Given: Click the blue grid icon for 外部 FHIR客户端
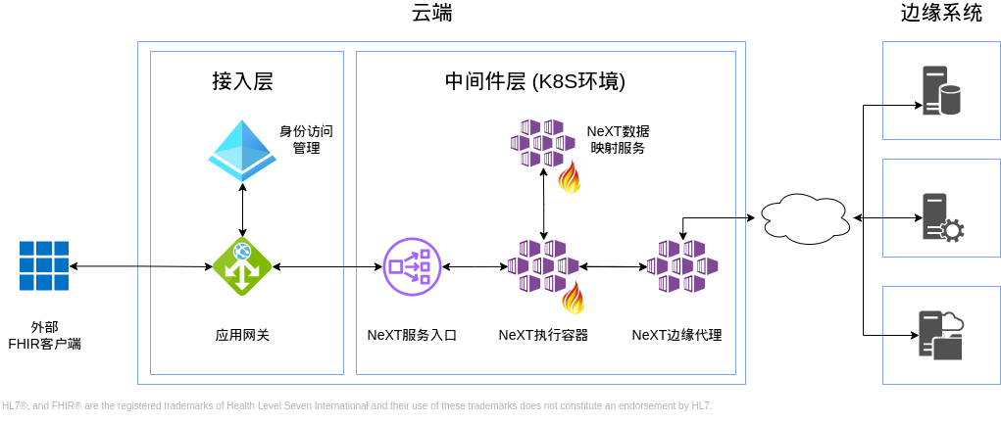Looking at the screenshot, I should point(44,265).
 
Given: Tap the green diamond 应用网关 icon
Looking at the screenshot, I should point(242,265).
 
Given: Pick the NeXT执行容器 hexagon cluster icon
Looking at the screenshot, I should point(543,266).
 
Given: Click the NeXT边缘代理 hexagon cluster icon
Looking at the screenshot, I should point(682,265).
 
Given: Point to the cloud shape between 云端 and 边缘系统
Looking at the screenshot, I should point(804,217).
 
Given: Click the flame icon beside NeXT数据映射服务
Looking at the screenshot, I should point(570,177).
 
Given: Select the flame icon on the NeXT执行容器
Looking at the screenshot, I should point(573,297).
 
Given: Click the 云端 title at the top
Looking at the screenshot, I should point(432,13).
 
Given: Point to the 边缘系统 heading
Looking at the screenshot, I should point(941,13).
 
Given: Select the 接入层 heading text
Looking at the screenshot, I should point(242,81).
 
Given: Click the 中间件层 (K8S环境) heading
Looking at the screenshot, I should point(534,81).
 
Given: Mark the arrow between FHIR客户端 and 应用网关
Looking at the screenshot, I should point(140,266).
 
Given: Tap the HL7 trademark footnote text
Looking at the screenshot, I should point(357,405).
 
